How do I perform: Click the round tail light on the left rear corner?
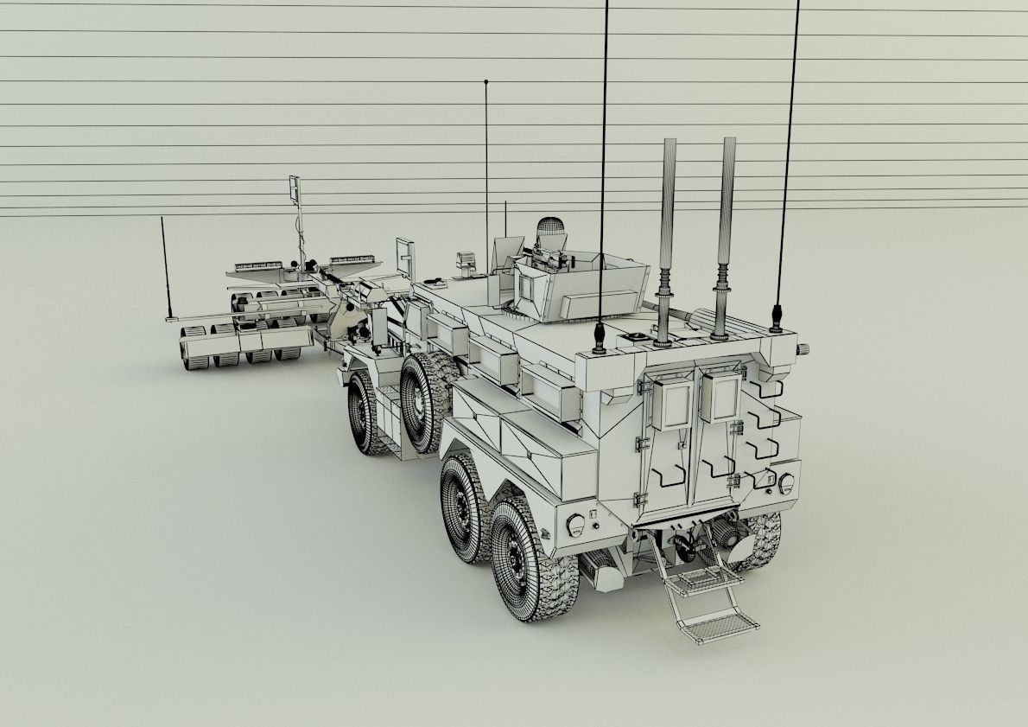575,524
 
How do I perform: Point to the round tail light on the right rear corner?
786,483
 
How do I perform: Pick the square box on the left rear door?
670,402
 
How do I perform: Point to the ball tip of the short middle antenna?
486,82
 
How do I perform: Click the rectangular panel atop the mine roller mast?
295,188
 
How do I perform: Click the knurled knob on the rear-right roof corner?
803,348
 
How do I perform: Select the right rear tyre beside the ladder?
758,540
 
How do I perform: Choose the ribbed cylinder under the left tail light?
600,571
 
